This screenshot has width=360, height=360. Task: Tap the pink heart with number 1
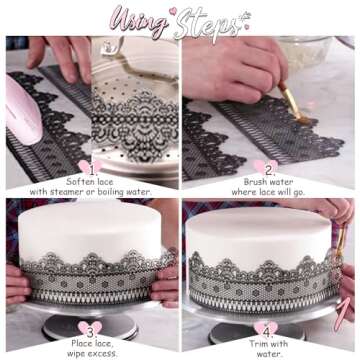(x=92, y=169)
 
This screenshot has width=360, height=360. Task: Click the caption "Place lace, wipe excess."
(x=91, y=346)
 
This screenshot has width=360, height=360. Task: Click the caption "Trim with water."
(x=266, y=346)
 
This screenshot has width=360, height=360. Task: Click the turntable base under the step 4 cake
(x=262, y=318)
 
